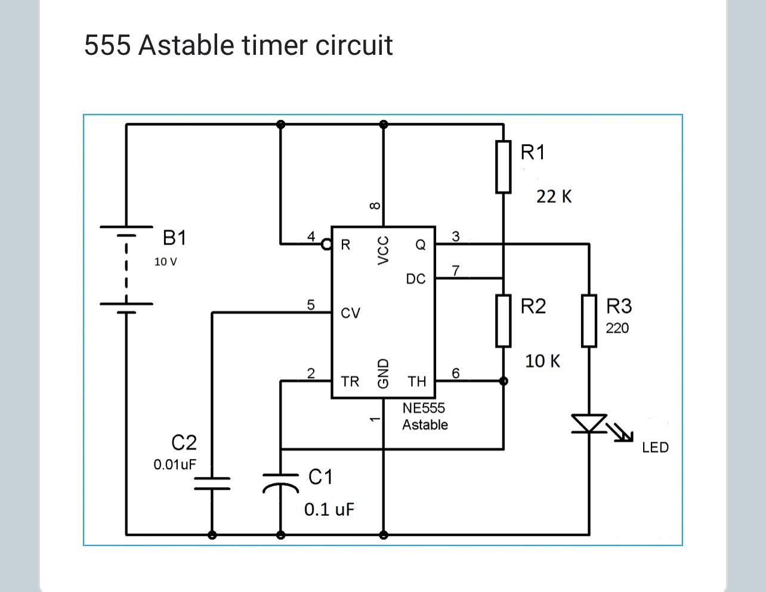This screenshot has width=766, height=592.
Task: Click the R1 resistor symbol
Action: (x=504, y=167)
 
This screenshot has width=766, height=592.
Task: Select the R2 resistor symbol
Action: (x=504, y=321)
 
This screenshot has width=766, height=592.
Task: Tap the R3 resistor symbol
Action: (x=589, y=321)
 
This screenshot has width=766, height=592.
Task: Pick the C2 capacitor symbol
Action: (x=212, y=482)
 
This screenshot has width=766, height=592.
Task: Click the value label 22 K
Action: (x=554, y=196)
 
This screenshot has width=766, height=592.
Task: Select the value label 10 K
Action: (x=542, y=361)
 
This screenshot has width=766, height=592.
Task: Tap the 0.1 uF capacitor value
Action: (x=329, y=509)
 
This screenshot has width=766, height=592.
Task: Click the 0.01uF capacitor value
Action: (x=175, y=464)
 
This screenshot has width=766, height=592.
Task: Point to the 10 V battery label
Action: (x=165, y=262)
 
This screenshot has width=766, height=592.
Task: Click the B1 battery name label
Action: (x=174, y=238)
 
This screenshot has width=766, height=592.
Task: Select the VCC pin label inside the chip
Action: (x=384, y=250)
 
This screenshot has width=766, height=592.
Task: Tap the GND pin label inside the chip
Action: (x=384, y=373)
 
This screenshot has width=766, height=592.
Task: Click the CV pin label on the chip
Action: (x=350, y=313)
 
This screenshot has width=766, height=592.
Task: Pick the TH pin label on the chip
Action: (x=417, y=381)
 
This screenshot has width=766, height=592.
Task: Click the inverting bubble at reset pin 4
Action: (x=326, y=244)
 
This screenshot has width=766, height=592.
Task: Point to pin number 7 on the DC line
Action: (x=456, y=271)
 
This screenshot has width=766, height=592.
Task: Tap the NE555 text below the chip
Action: (x=424, y=408)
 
